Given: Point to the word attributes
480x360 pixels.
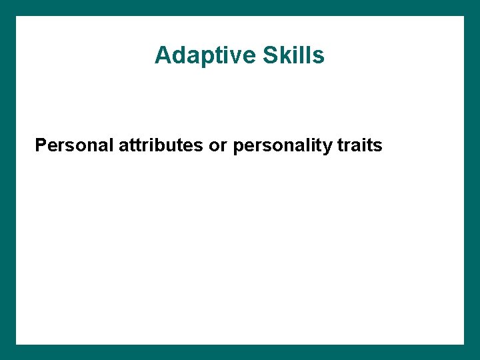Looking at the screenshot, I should click(x=161, y=145).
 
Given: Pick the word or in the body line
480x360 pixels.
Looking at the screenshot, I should click(x=218, y=145).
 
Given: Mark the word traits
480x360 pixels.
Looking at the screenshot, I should click(x=359, y=145).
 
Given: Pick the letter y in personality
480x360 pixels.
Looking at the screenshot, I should click(x=327, y=147).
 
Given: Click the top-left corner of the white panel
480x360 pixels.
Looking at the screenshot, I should click(x=16, y=16).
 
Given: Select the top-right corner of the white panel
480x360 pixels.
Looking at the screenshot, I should click(x=464, y=16).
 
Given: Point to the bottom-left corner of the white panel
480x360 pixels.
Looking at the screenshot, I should click(x=16, y=344).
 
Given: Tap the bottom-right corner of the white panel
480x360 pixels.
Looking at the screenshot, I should click(x=464, y=344).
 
